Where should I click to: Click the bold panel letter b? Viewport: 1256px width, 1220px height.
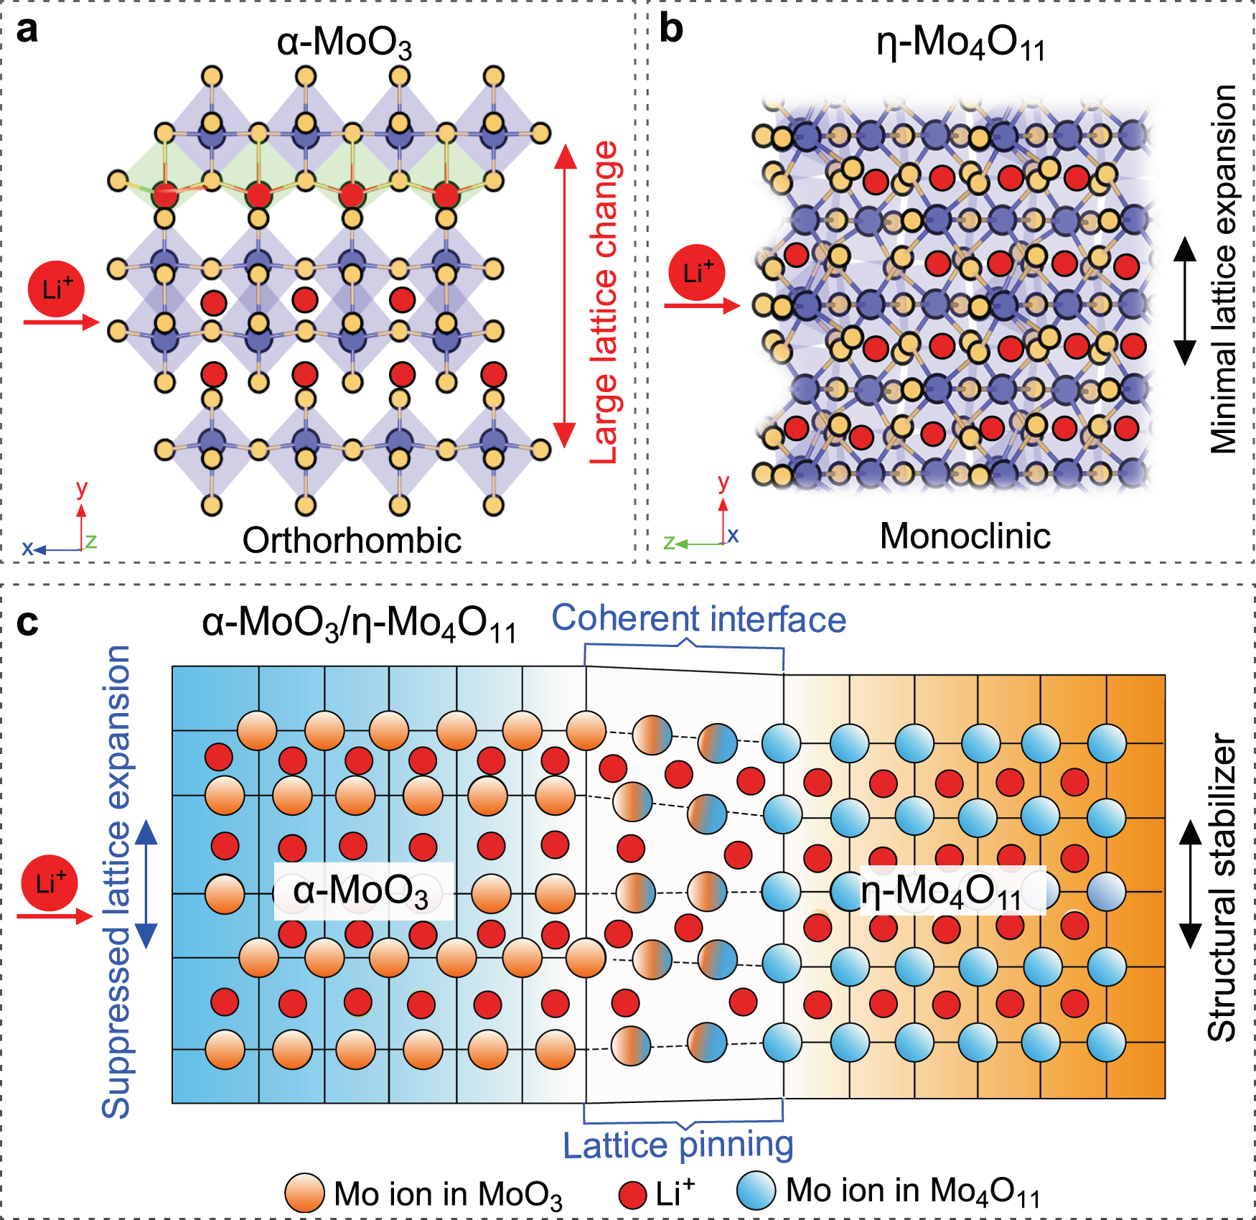(x=670, y=30)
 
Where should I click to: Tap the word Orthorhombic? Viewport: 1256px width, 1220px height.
(x=352, y=540)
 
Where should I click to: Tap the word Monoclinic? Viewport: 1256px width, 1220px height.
(x=965, y=536)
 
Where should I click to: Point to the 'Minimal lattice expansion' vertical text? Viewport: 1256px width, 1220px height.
(x=1224, y=269)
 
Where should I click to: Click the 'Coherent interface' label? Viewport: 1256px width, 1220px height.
(x=698, y=618)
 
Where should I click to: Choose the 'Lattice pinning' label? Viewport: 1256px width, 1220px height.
(x=678, y=1145)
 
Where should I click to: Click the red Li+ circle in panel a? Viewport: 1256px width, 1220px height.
(x=56, y=289)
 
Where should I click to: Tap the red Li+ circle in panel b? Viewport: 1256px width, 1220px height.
(x=696, y=272)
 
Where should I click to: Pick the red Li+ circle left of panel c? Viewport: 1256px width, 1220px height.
(x=50, y=883)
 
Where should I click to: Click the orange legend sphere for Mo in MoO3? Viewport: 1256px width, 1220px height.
(x=304, y=1193)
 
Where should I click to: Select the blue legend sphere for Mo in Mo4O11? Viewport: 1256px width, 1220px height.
(x=756, y=1190)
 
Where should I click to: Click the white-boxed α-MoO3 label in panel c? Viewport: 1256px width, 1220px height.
(x=362, y=891)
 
